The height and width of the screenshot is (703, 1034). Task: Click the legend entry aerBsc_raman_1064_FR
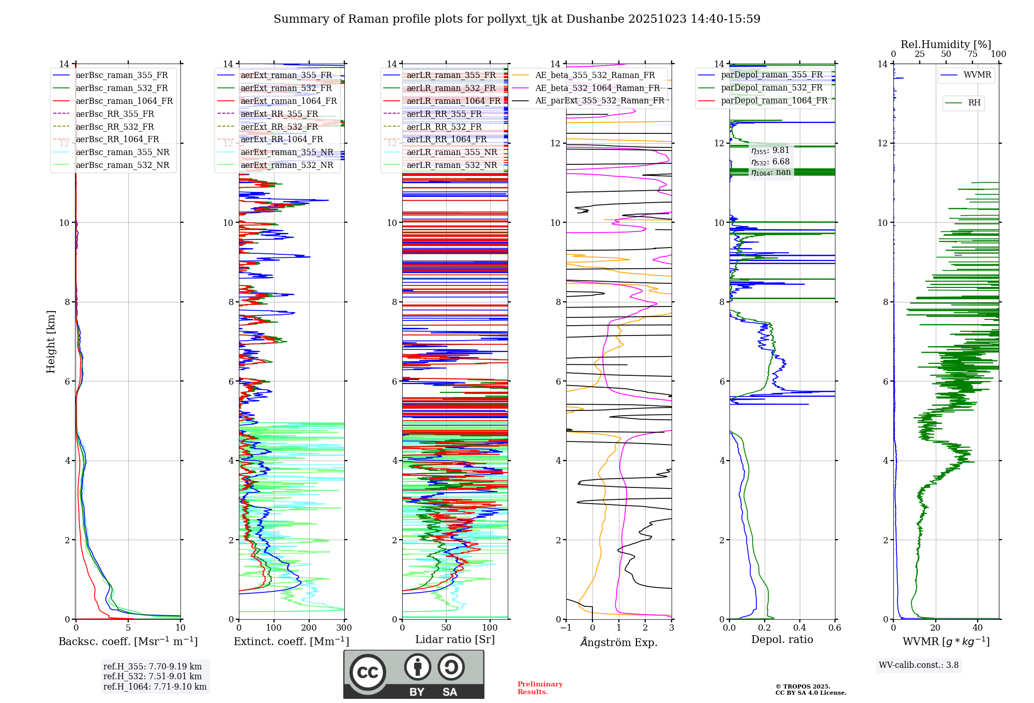coord(124,101)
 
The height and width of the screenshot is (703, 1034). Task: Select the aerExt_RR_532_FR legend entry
coord(279,127)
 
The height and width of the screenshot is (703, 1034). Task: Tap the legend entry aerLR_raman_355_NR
coord(451,152)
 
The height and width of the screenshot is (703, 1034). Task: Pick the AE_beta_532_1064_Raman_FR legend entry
coord(597,88)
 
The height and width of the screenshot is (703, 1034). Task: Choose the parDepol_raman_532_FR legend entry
coord(771,87)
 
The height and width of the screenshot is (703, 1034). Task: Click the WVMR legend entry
coord(977,75)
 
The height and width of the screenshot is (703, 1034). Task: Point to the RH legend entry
coord(974,103)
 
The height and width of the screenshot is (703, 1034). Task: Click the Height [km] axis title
coord(51,341)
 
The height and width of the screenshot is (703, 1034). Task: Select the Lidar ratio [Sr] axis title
coord(454,639)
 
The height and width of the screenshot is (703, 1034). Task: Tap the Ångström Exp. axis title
coord(618,642)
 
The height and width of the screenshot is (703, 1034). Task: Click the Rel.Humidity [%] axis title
coord(946,44)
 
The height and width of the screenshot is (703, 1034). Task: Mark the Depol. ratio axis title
coord(782,639)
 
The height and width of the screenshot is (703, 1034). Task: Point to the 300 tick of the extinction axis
coord(344,628)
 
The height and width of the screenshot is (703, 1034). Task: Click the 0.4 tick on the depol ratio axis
coord(799,628)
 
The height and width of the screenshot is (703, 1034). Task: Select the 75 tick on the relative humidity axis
coord(972,54)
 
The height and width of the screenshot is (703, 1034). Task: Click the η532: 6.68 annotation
coord(770,162)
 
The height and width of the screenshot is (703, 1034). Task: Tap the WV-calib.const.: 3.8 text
coord(918,665)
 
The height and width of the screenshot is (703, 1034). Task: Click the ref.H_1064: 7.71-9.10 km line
coord(155,686)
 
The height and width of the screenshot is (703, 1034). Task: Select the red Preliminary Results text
coord(540,688)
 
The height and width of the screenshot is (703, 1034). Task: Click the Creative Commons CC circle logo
coord(368,673)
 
